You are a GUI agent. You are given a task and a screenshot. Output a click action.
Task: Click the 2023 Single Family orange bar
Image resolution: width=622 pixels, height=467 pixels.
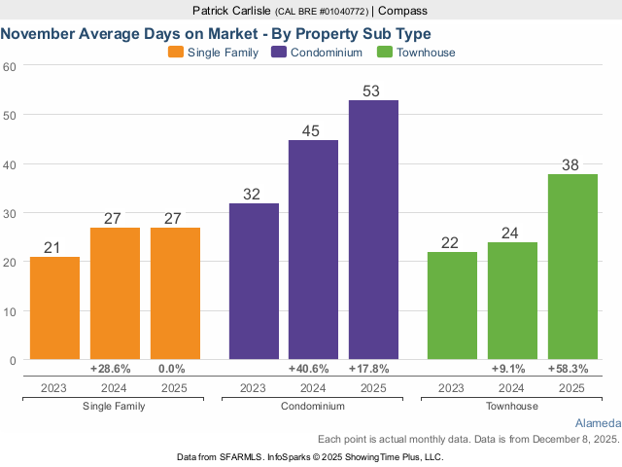click(x=54, y=308)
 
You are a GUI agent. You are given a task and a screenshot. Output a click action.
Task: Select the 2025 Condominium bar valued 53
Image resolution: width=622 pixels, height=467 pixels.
click(x=373, y=231)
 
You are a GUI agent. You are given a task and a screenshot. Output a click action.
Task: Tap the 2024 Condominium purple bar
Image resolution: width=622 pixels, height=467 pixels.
click(x=313, y=250)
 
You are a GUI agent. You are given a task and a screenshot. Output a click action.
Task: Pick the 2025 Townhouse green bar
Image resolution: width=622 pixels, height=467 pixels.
click(x=572, y=267)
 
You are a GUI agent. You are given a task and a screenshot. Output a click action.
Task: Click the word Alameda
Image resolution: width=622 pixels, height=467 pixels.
click(x=597, y=423)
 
